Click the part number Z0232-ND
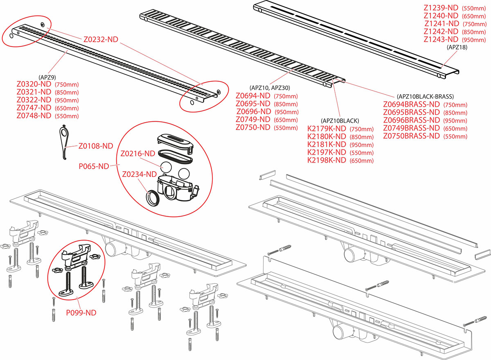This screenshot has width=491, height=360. pyautogui.click(x=101, y=40)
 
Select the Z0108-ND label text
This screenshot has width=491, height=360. pyautogui.click(x=95, y=145)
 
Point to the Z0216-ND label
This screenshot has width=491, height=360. pyautogui.click(x=137, y=154)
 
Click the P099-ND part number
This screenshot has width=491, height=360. pyautogui.click(x=81, y=312)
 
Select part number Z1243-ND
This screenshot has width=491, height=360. pyautogui.click(x=440, y=39)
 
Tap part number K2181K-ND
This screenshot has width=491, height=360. pyautogui.click(x=327, y=144)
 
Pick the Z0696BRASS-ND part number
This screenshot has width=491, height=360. pyautogui.click(x=411, y=120)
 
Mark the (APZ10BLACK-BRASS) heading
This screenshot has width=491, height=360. pyautogui.click(x=425, y=97)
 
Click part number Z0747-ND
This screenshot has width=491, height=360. pyautogui.click(x=34, y=108)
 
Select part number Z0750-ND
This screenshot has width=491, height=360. pyautogui.click(x=253, y=127)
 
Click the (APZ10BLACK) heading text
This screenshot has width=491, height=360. pyautogui.click(x=340, y=120)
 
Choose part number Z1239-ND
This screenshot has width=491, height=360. pyautogui.click(x=440, y=7)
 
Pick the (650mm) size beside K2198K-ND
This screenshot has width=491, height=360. pyautogui.click(x=362, y=161)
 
